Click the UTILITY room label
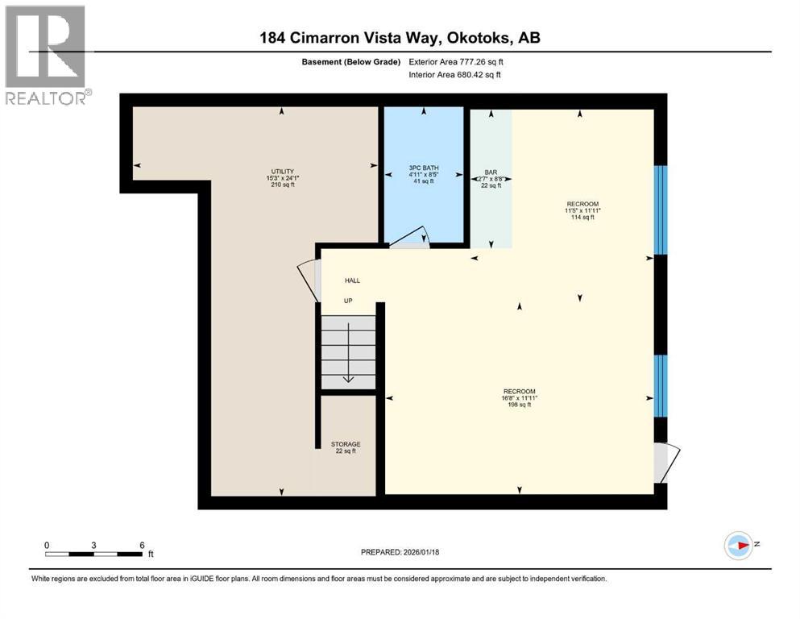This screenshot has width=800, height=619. pyautogui.click(x=281, y=171)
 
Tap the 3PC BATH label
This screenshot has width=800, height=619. pyautogui.click(x=423, y=170)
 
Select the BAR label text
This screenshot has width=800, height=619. pyautogui.click(x=491, y=172)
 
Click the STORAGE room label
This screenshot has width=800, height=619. pyautogui.click(x=345, y=444)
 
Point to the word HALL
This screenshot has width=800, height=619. pyautogui.click(x=352, y=280)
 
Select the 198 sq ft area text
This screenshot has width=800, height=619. pyautogui.click(x=519, y=405)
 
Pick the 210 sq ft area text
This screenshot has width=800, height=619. pyautogui.click(x=281, y=185)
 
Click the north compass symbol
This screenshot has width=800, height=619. pyautogui.click(x=738, y=546)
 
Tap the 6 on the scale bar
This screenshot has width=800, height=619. pyautogui.click(x=142, y=545)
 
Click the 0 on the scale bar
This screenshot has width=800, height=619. pyautogui.click(x=47, y=545)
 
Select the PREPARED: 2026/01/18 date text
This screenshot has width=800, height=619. pyautogui.click(x=400, y=552)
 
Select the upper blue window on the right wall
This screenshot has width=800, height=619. pyautogui.click(x=660, y=210)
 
